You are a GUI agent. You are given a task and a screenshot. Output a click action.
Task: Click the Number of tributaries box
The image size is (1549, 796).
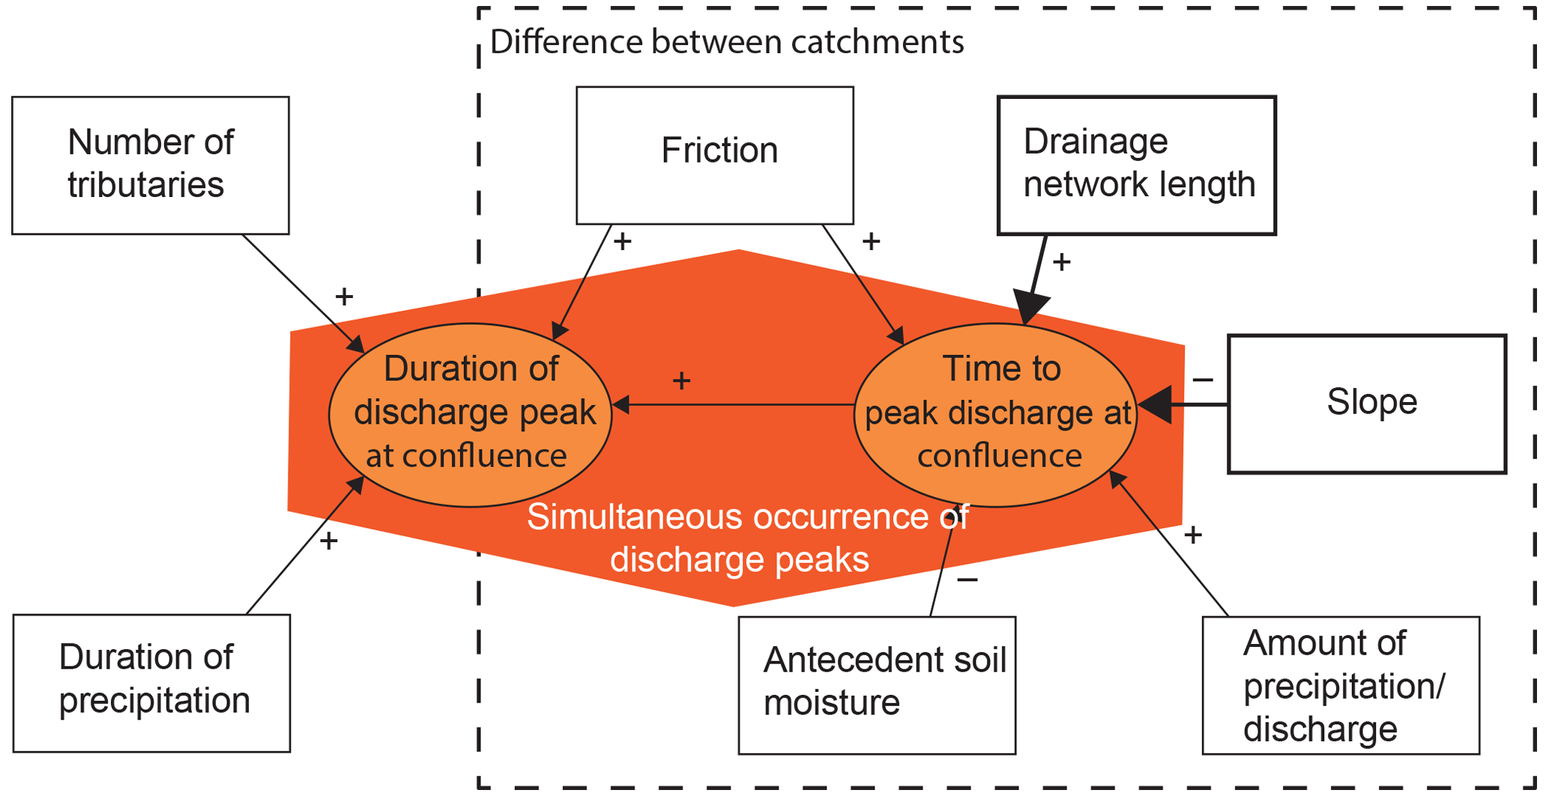(x=151, y=165)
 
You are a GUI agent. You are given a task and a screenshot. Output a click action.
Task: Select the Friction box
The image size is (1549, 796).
(x=714, y=155)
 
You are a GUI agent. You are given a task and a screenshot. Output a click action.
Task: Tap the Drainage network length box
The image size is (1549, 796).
(x=1136, y=165)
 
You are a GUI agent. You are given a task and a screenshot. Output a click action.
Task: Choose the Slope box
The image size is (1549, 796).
(x=1366, y=404)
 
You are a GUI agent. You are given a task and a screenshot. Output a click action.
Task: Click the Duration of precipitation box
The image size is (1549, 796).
(x=151, y=683)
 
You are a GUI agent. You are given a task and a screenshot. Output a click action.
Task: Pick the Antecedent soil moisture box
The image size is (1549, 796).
(x=877, y=684)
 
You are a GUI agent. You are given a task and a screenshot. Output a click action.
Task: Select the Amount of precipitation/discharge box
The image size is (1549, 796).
(x=1340, y=684)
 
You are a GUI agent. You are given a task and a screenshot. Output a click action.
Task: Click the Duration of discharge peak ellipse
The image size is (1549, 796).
(x=471, y=415)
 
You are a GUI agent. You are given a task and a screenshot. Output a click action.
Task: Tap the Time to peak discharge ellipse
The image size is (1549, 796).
(x=996, y=415)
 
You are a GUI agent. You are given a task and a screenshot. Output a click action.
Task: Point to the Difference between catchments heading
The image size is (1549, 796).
(x=726, y=42)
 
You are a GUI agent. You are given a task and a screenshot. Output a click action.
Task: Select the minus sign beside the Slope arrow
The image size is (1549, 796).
(x=1203, y=380)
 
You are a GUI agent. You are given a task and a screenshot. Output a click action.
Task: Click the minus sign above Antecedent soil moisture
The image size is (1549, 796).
(x=967, y=580)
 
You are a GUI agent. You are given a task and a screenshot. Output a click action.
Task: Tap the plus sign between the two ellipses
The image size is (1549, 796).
(x=681, y=381)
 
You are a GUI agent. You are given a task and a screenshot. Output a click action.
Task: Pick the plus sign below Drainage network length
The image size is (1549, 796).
(x=1062, y=262)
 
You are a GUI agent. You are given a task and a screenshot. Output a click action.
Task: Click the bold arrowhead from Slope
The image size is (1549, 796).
(x=1156, y=405)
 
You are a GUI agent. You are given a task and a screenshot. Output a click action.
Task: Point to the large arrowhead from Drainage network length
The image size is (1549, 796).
(x=1031, y=306)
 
